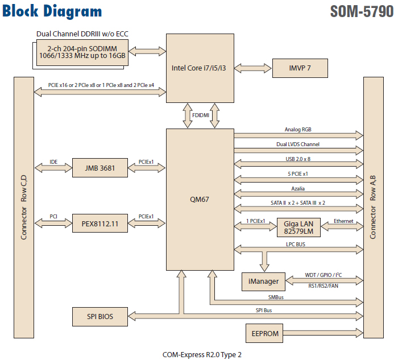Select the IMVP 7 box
[x=300, y=68]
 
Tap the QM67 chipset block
[x=200, y=199]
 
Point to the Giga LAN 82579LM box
[x=298, y=227]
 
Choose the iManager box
[x=264, y=281]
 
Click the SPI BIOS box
[x=100, y=316]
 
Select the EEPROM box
[x=265, y=333]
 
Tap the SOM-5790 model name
[x=361, y=11]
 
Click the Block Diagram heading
[x=52, y=11]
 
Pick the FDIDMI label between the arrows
[x=200, y=115]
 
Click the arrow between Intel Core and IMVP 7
[x=253, y=68]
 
